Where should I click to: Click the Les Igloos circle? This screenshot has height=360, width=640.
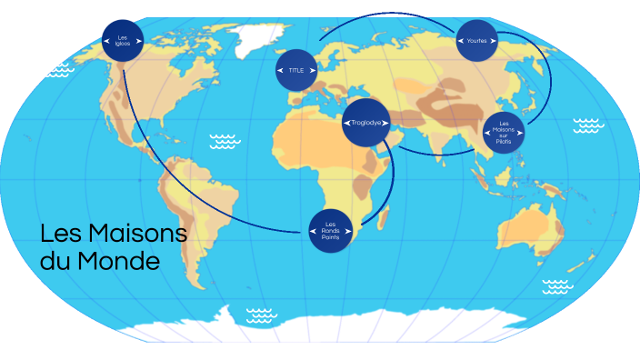coord(123,40)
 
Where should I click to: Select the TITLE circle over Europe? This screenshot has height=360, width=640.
coord(296,69)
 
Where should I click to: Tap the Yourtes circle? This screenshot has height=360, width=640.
coord(478,40)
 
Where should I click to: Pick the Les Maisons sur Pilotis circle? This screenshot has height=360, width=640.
coord(505,133)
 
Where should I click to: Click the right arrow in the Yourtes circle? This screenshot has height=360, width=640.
coord(495,40)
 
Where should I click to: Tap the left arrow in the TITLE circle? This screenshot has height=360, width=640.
coord(281,69)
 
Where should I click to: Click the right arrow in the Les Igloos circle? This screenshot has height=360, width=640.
coord(137,40)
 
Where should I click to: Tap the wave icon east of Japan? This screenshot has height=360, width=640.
coord(588,125)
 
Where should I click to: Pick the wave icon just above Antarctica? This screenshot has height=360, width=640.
coord(262,315)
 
